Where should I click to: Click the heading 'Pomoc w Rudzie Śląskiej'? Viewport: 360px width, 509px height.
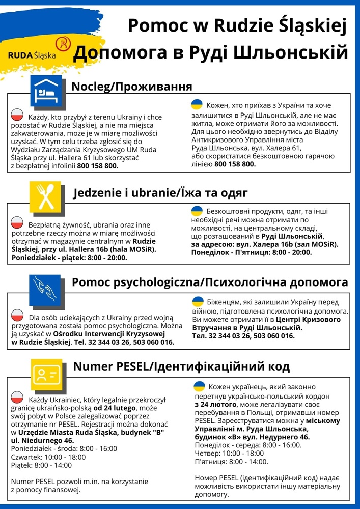(x=237, y=25)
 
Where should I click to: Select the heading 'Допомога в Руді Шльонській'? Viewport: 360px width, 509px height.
(x=211, y=52)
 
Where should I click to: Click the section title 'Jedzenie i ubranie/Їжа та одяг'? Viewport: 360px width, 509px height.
(x=161, y=193)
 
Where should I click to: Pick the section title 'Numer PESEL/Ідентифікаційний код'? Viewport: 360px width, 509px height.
(x=181, y=366)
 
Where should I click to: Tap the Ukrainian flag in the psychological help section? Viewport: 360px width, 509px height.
(x=198, y=301)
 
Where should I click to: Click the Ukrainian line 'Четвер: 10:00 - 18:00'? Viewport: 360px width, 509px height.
(x=229, y=453)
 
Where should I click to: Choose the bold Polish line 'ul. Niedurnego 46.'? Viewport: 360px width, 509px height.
(x=42, y=440)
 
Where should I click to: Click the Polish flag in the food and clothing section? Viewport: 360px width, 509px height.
(x=18, y=222)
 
